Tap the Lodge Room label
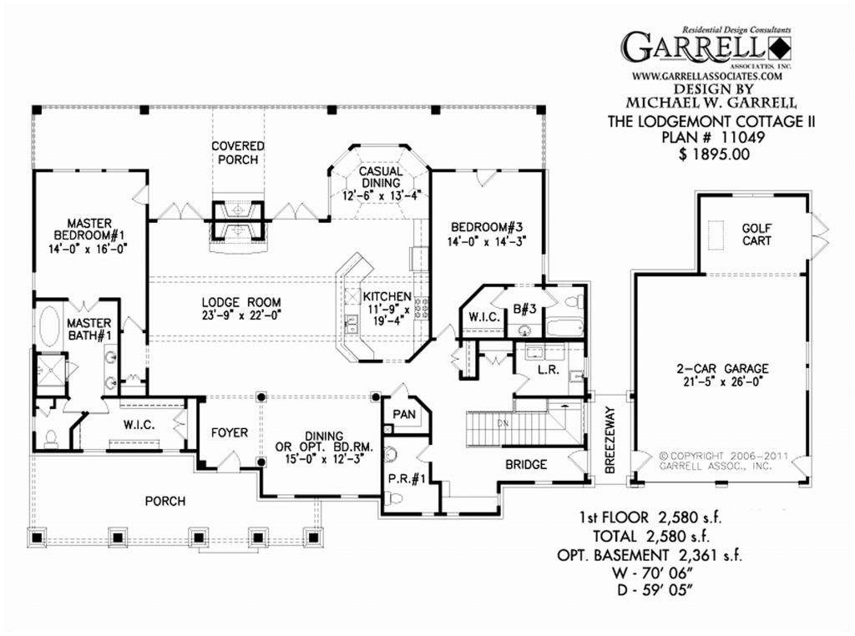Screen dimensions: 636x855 point(240,309)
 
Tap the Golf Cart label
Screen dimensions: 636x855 point(756,235)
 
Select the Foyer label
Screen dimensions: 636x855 point(229,432)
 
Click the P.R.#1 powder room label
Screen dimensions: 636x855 point(404,478)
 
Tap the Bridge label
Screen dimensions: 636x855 point(527,464)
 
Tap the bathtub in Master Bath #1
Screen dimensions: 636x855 point(50,326)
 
